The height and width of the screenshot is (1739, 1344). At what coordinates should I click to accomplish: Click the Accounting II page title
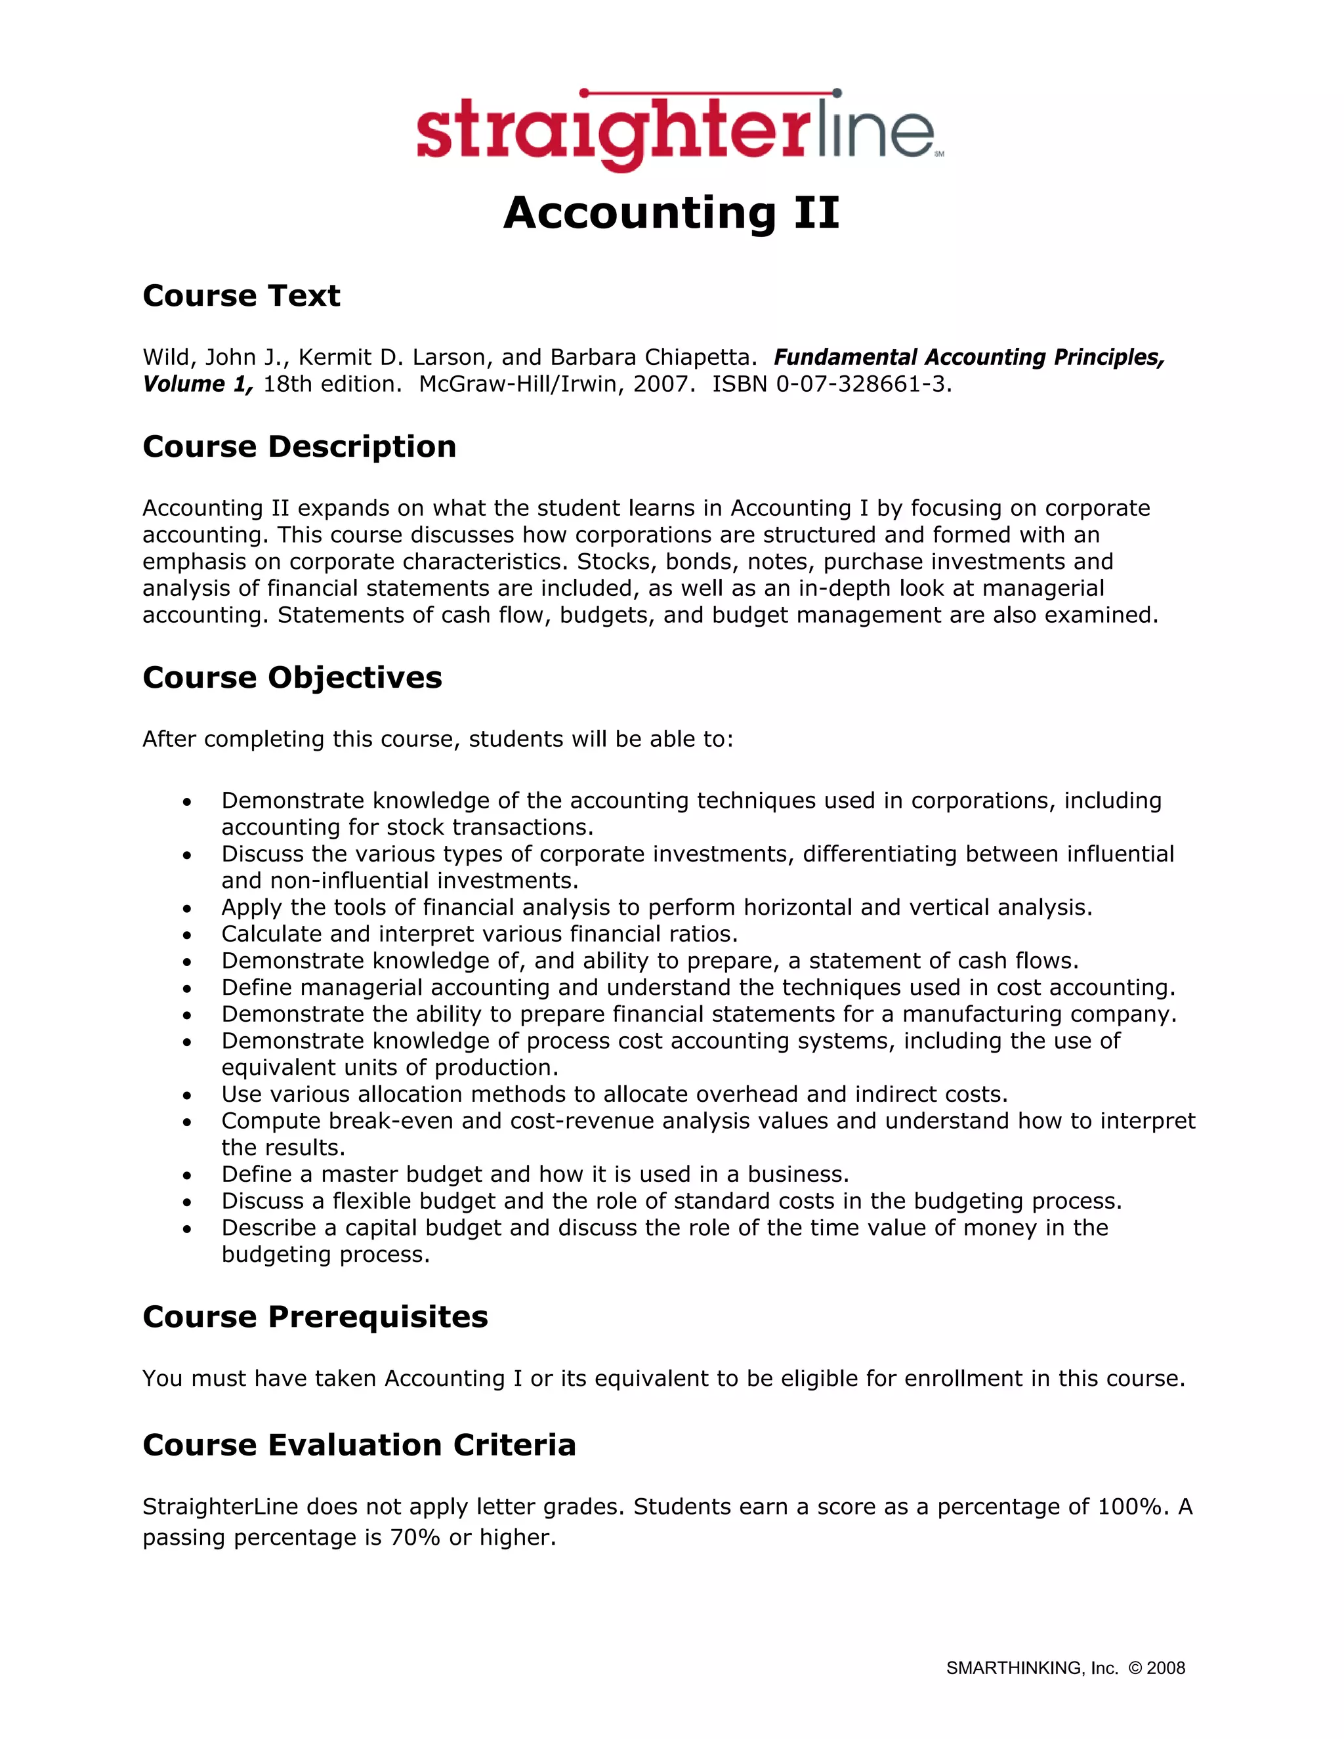(x=671, y=213)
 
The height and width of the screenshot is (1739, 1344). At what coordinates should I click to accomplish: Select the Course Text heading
(x=241, y=296)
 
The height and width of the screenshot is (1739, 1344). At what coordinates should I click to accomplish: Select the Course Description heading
(x=299, y=447)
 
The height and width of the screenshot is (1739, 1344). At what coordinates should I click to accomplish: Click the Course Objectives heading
(x=292, y=678)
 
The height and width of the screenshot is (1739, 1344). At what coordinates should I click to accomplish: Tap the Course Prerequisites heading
(x=315, y=1317)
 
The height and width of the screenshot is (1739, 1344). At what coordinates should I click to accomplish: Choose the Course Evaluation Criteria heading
(x=359, y=1445)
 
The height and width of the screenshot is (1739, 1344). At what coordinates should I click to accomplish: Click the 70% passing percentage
(x=415, y=1538)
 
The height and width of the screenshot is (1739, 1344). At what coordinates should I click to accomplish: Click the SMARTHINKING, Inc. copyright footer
(x=1064, y=1668)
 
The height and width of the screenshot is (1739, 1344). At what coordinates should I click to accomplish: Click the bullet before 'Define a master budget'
(x=187, y=1175)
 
